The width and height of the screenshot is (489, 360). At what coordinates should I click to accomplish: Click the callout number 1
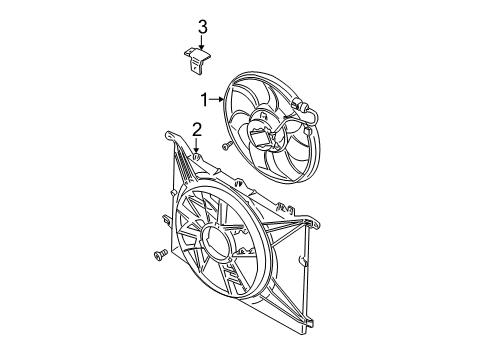click(x=204, y=98)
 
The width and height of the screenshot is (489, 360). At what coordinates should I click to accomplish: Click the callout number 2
click(x=197, y=128)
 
